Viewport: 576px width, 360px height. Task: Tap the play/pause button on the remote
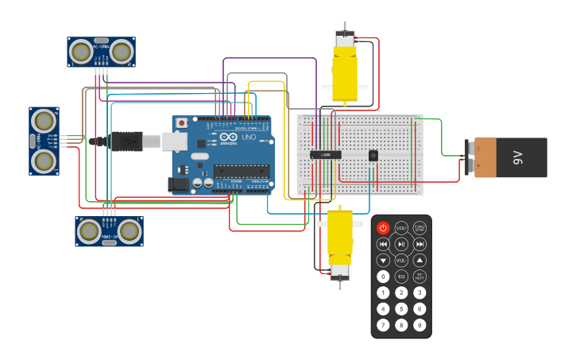pos(401,244)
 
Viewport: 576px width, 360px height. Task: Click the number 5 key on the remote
pos(401,308)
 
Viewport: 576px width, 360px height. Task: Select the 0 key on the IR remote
pos(383,277)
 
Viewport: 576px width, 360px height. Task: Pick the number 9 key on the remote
pos(419,325)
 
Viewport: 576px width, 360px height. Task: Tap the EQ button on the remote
pos(401,277)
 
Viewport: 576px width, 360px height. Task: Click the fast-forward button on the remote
pos(419,244)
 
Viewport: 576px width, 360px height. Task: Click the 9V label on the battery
pos(517,157)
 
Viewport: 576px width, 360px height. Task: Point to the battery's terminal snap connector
pos(470,157)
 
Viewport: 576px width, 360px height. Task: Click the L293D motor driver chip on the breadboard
pos(326,154)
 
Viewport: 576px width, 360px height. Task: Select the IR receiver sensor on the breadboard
pos(373,156)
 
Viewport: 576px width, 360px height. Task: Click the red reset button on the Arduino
pos(181,123)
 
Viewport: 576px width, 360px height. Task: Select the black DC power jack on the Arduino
pos(179,184)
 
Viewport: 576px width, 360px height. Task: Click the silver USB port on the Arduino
pos(174,141)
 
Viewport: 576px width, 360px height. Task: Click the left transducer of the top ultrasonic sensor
pos(81,52)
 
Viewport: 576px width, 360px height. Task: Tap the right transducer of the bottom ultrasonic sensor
pos(130,231)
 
